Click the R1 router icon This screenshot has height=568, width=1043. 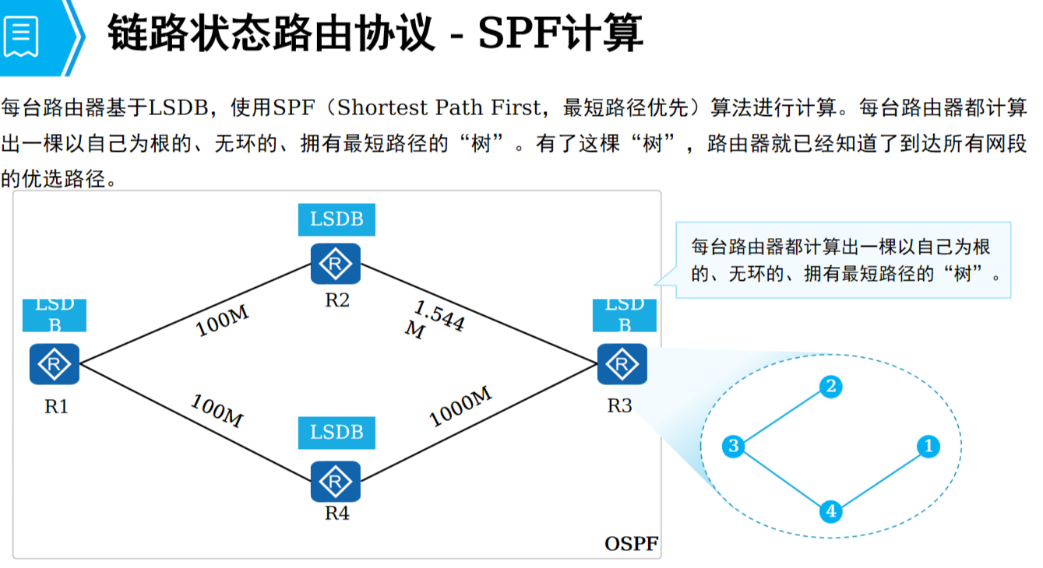55,364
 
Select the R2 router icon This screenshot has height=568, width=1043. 336,264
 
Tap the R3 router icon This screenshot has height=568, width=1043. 622,364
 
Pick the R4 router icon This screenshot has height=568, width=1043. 336,482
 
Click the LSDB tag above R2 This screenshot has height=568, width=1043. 337,219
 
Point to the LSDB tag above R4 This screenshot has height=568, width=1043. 337,432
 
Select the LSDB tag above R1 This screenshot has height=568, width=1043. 55,315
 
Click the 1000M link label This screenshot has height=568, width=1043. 460,407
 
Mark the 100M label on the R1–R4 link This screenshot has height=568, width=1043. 217,411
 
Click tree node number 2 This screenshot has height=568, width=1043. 831,386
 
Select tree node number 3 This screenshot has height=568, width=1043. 734,446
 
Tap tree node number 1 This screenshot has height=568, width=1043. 927,446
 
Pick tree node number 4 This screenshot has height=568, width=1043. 831,511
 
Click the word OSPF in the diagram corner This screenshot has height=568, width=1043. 631,543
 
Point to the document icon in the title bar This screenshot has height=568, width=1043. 21,36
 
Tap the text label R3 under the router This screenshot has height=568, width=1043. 620,405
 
